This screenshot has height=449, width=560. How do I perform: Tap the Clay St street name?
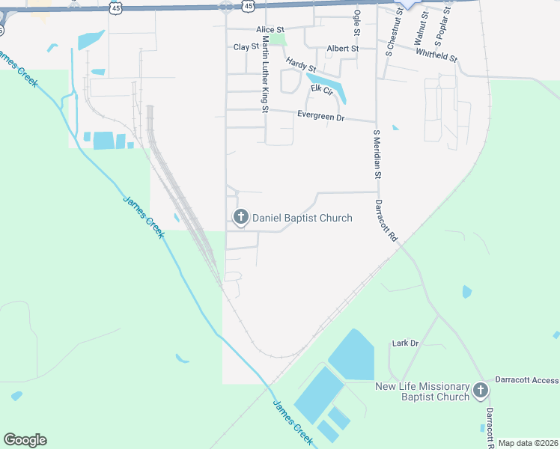click(246, 46)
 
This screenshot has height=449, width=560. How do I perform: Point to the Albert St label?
click(343, 49)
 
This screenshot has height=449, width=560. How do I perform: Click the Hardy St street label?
click(300, 65)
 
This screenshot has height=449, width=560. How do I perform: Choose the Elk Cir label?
click(320, 89)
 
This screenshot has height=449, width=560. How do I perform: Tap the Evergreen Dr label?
click(320, 117)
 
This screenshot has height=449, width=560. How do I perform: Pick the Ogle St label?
click(357, 22)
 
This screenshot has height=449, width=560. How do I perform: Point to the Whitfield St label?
click(436, 55)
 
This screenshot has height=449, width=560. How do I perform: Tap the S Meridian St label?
click(377, 153)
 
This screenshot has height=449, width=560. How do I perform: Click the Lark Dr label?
click(405, 343)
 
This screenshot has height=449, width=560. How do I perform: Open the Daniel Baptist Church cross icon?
click(241, 218)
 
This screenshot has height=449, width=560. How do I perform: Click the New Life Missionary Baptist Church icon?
click(480, 390)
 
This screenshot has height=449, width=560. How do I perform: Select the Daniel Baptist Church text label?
click(302, 218)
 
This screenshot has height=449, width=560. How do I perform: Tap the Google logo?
click(25, 440)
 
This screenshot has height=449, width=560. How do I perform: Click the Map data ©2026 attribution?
click(528, 443)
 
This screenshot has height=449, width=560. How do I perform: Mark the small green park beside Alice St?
click(278, 39)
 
